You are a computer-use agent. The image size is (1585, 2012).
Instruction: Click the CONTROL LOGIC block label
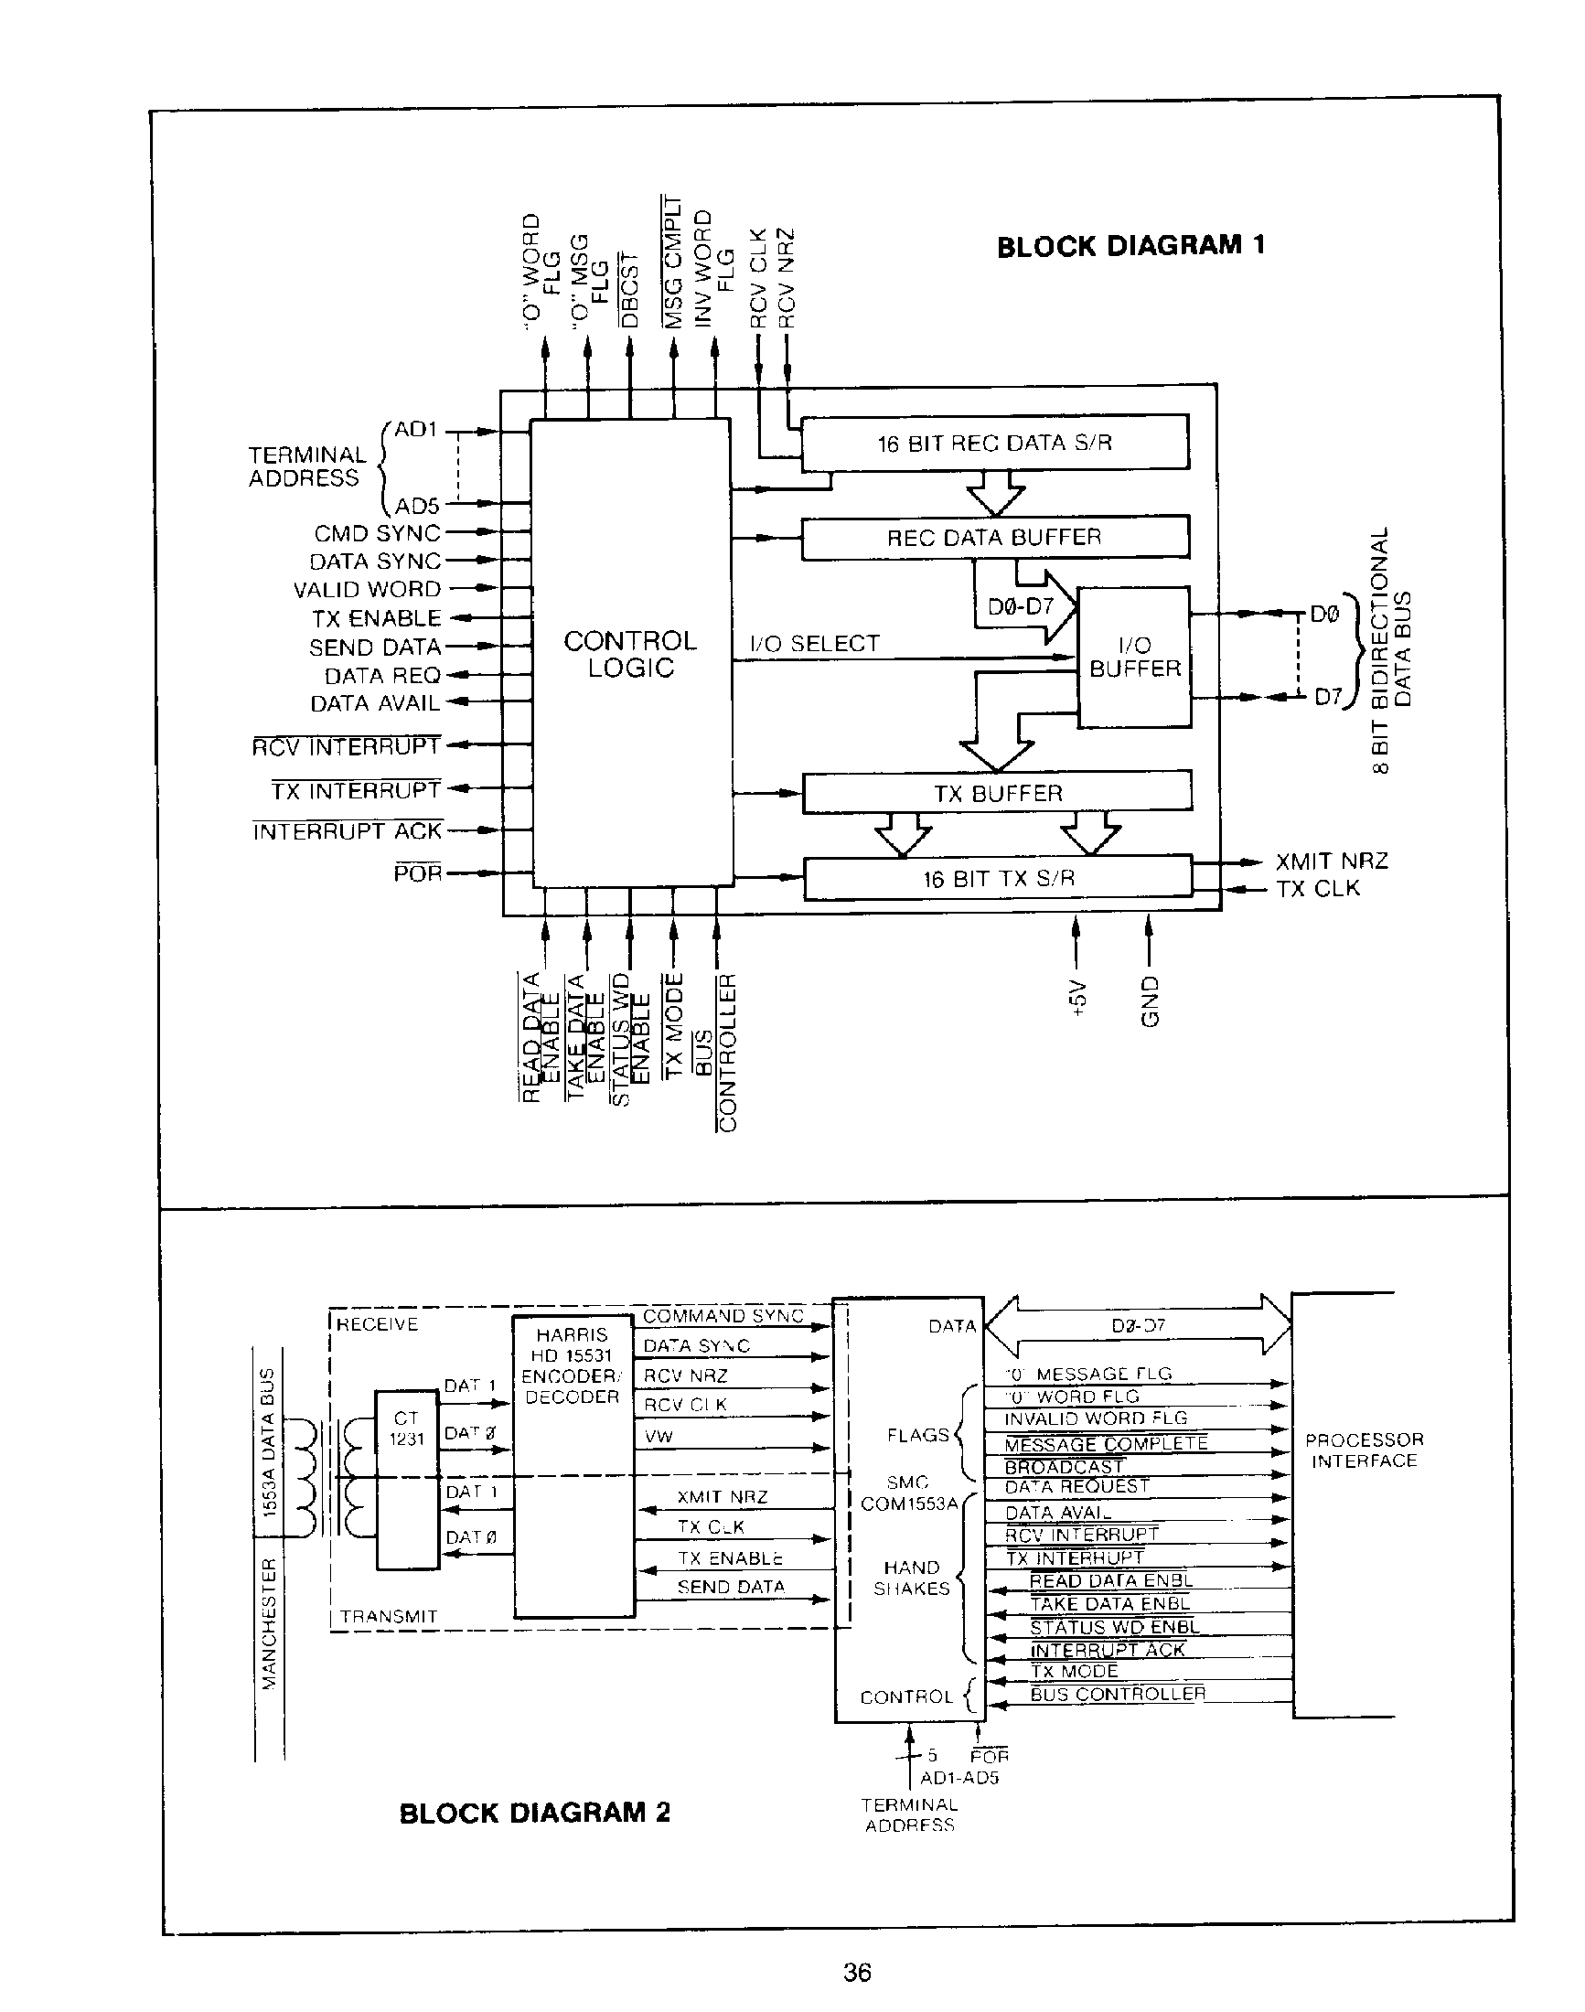pos(630,654)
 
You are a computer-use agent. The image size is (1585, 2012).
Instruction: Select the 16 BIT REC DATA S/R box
pos(994,443)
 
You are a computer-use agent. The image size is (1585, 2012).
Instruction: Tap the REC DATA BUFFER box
pos(994,538)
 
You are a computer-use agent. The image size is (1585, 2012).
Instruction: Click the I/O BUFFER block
pos(1134,657)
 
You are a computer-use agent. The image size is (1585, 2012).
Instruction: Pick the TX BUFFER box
pos(997,794)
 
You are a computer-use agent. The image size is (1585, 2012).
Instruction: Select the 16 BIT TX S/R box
pos(998,878)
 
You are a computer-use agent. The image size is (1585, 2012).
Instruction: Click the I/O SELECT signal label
pos(814,643)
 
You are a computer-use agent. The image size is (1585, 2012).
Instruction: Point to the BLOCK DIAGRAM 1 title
pos(1130,246)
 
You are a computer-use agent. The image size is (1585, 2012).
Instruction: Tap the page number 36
pos(857,1972)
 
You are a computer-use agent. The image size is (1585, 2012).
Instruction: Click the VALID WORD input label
pos(367,589)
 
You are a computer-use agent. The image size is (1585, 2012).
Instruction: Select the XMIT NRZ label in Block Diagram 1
pos(1331,861)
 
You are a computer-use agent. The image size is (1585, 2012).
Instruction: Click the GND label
pos(1150,1001)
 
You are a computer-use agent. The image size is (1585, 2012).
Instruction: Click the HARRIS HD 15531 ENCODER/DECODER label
pos(572,1365)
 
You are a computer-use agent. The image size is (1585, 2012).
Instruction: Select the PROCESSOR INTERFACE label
pos(1364,1450)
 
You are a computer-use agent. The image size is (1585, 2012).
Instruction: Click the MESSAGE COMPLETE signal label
pos(1106,1444)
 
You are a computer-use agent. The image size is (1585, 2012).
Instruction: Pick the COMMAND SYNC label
pos(723,1316)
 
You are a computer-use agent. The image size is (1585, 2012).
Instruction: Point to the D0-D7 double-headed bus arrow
pos(1137,1325)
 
